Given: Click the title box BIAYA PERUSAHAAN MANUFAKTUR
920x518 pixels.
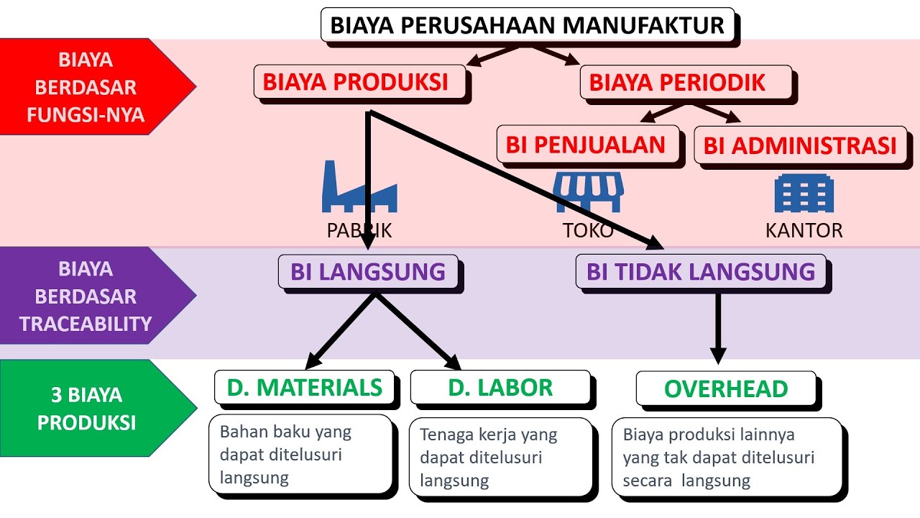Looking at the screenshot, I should coord(527,25).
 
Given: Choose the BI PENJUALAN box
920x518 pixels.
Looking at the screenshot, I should coord(586,145).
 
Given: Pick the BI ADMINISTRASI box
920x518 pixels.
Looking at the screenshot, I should coord(799,145).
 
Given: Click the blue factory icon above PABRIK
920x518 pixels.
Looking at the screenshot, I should coord(359,186).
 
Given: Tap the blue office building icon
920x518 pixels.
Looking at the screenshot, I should coord(804,194).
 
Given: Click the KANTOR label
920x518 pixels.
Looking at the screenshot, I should coord(804,231).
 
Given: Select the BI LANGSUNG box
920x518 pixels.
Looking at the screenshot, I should coord(368,272).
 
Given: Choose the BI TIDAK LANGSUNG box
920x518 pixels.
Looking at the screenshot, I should coord(701,272).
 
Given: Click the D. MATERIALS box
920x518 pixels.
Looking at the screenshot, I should coord(305,388).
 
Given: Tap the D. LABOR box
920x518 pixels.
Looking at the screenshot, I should coord(500,388).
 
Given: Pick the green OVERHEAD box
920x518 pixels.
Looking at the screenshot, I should coord(726,389).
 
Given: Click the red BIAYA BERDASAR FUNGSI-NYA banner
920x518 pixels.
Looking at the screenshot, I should coord(90,87).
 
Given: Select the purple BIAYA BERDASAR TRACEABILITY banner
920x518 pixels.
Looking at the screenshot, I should coord(90,296).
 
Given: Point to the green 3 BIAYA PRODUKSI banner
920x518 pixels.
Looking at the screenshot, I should coord(90,409).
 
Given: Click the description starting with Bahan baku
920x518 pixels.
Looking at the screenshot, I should coord(302,455).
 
